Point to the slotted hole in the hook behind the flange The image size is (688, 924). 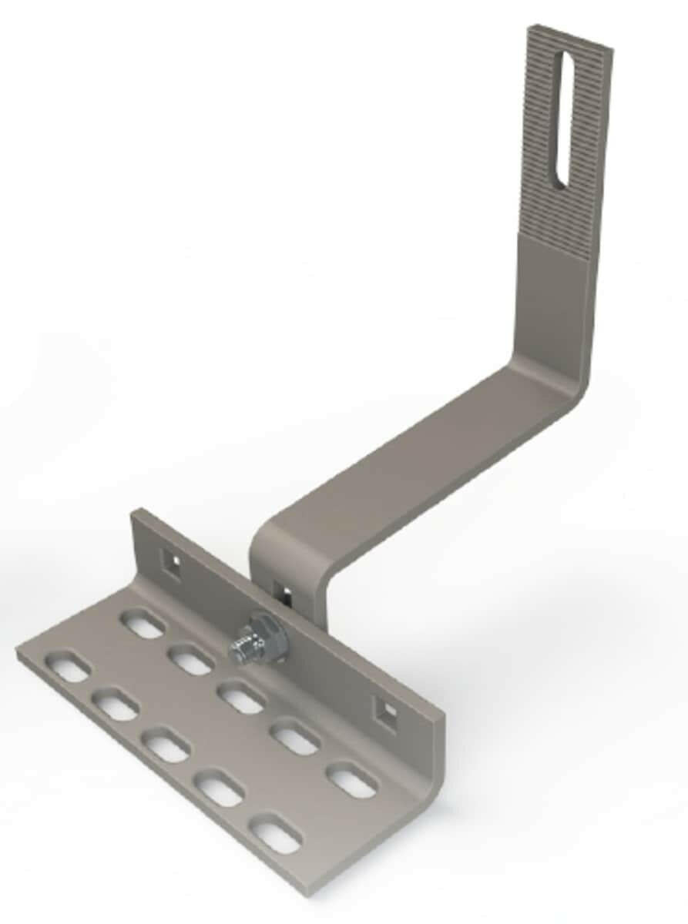284,593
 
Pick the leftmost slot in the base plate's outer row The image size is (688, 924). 67,666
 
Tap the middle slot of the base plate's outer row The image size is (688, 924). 165,745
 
